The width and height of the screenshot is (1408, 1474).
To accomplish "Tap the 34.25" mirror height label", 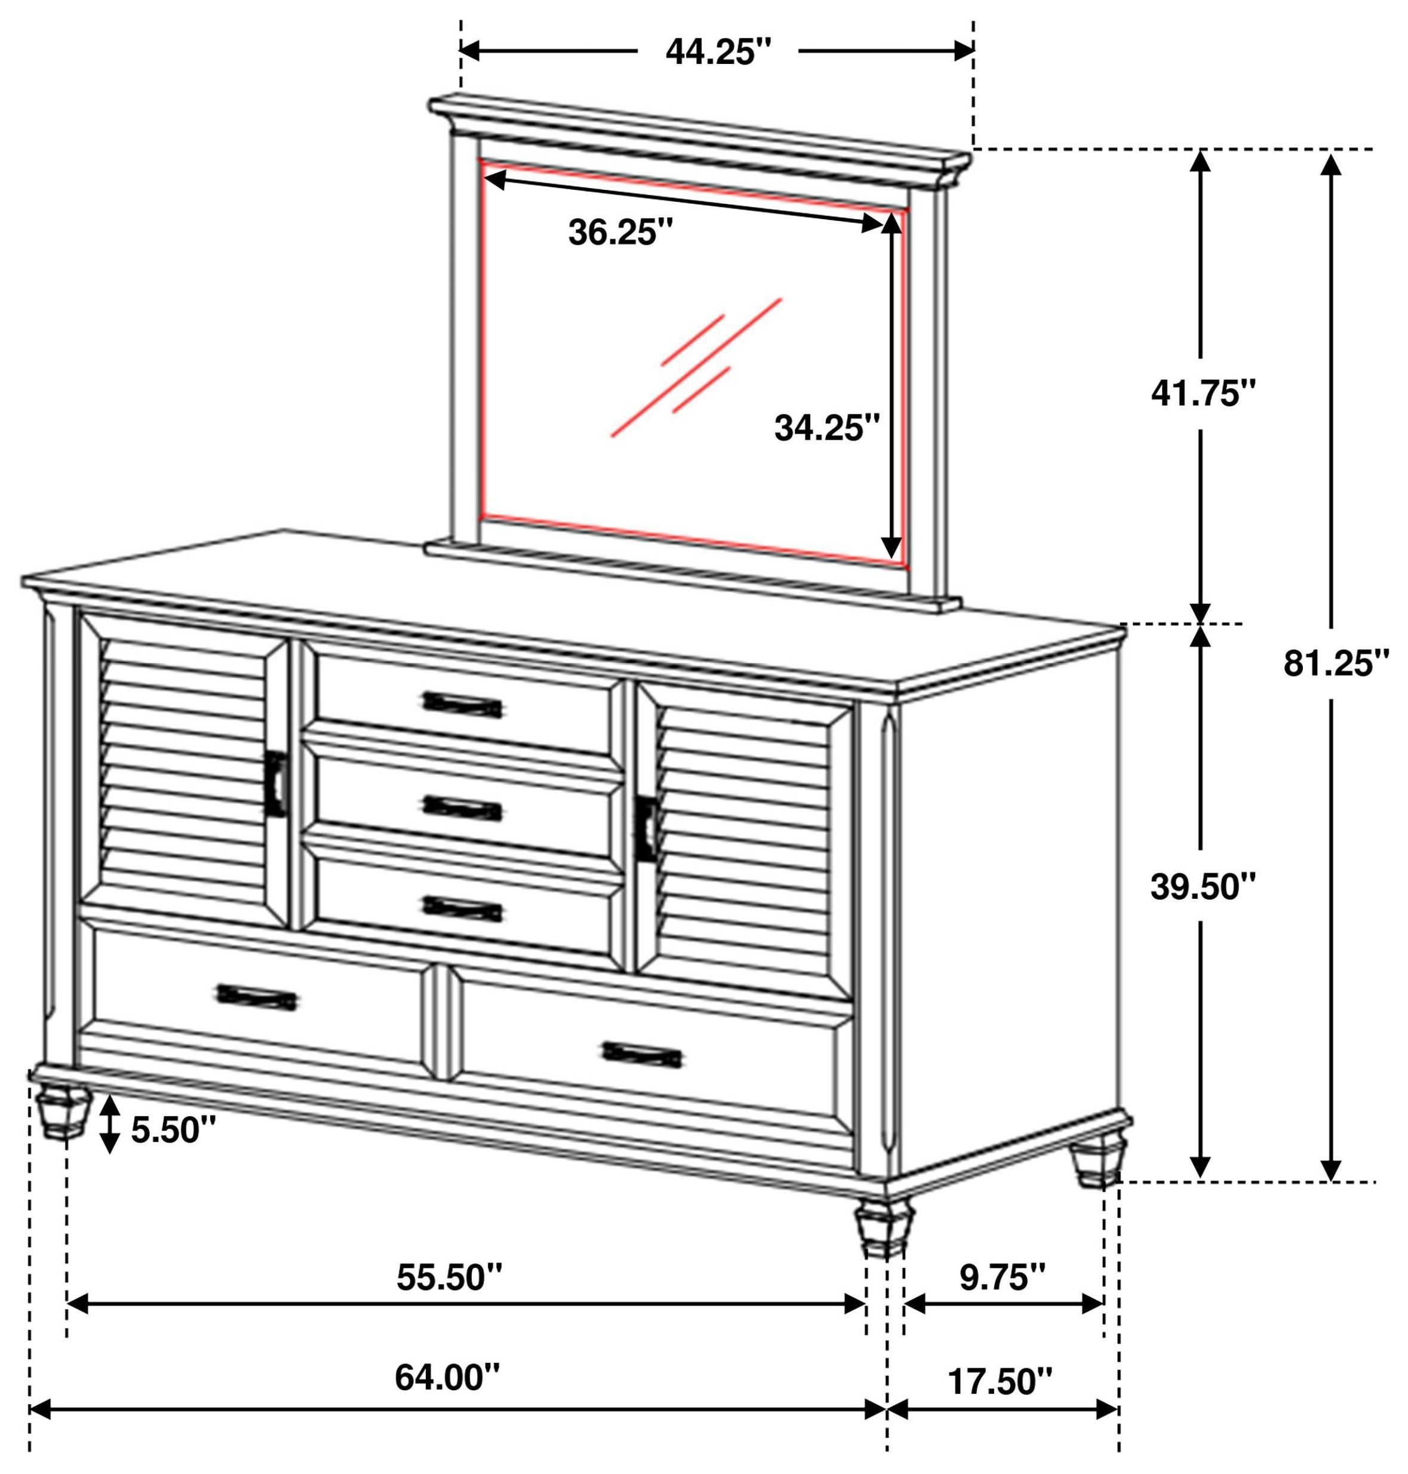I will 826,429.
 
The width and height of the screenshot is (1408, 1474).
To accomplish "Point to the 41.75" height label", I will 1203,392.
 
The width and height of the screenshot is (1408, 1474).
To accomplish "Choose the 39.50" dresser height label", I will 1203,886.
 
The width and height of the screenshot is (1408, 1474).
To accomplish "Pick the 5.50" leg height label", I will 174,1129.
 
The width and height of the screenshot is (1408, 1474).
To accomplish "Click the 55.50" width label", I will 450,1277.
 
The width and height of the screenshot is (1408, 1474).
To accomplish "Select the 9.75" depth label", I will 1002,1277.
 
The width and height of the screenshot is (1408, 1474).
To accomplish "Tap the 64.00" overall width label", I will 447,1377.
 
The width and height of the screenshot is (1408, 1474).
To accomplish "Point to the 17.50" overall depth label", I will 1000,1381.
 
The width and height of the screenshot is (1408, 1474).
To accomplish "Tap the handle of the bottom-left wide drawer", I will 257,997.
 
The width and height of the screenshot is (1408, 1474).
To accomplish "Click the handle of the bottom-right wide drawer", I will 642,1055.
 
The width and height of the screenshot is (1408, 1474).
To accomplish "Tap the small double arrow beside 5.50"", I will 110,1123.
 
